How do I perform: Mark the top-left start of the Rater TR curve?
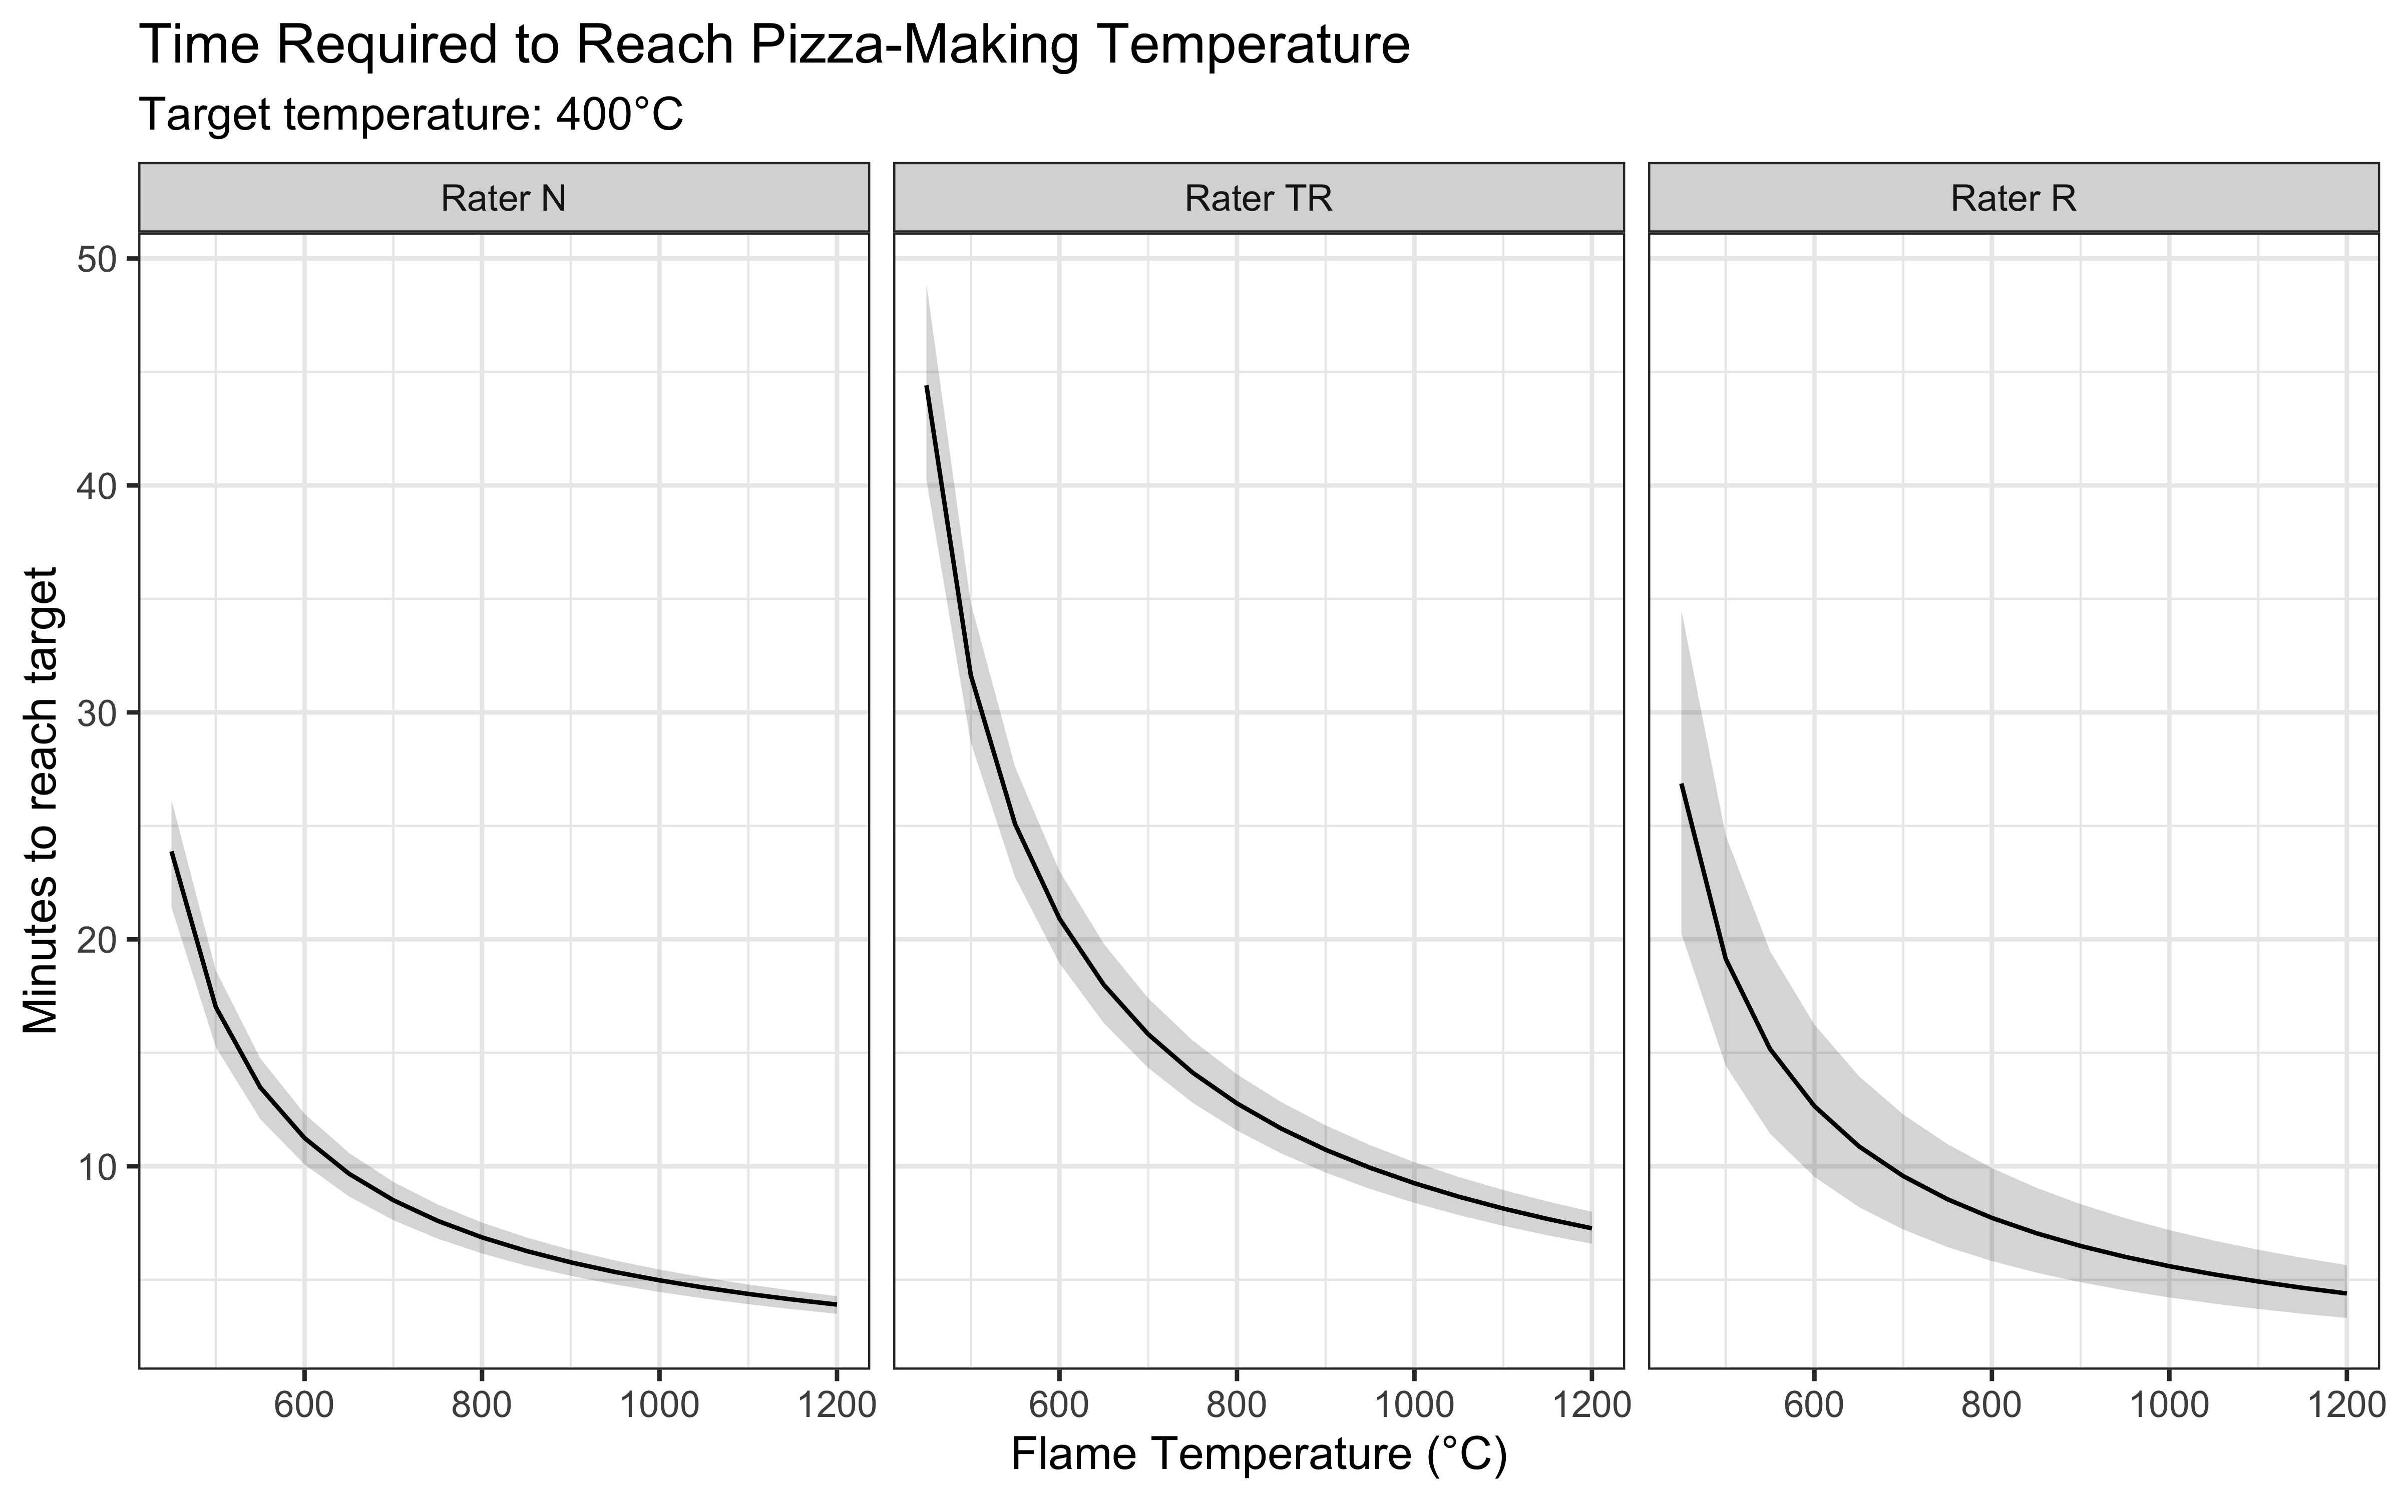point(927,386)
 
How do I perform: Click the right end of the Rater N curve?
point(836,1303)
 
